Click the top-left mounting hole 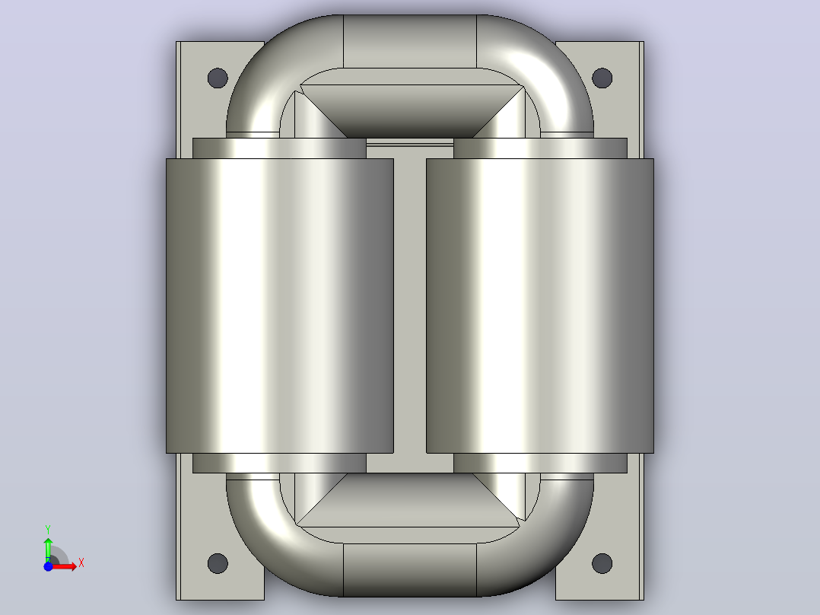[218, 78]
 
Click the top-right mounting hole [602, 78]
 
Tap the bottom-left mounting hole [218, 563]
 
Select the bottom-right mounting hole [602, 563]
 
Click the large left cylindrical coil [280, 306]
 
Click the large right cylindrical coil [540, 306]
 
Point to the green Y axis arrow [48, 550]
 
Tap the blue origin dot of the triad [48, 566]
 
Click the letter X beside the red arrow [81, 563]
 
